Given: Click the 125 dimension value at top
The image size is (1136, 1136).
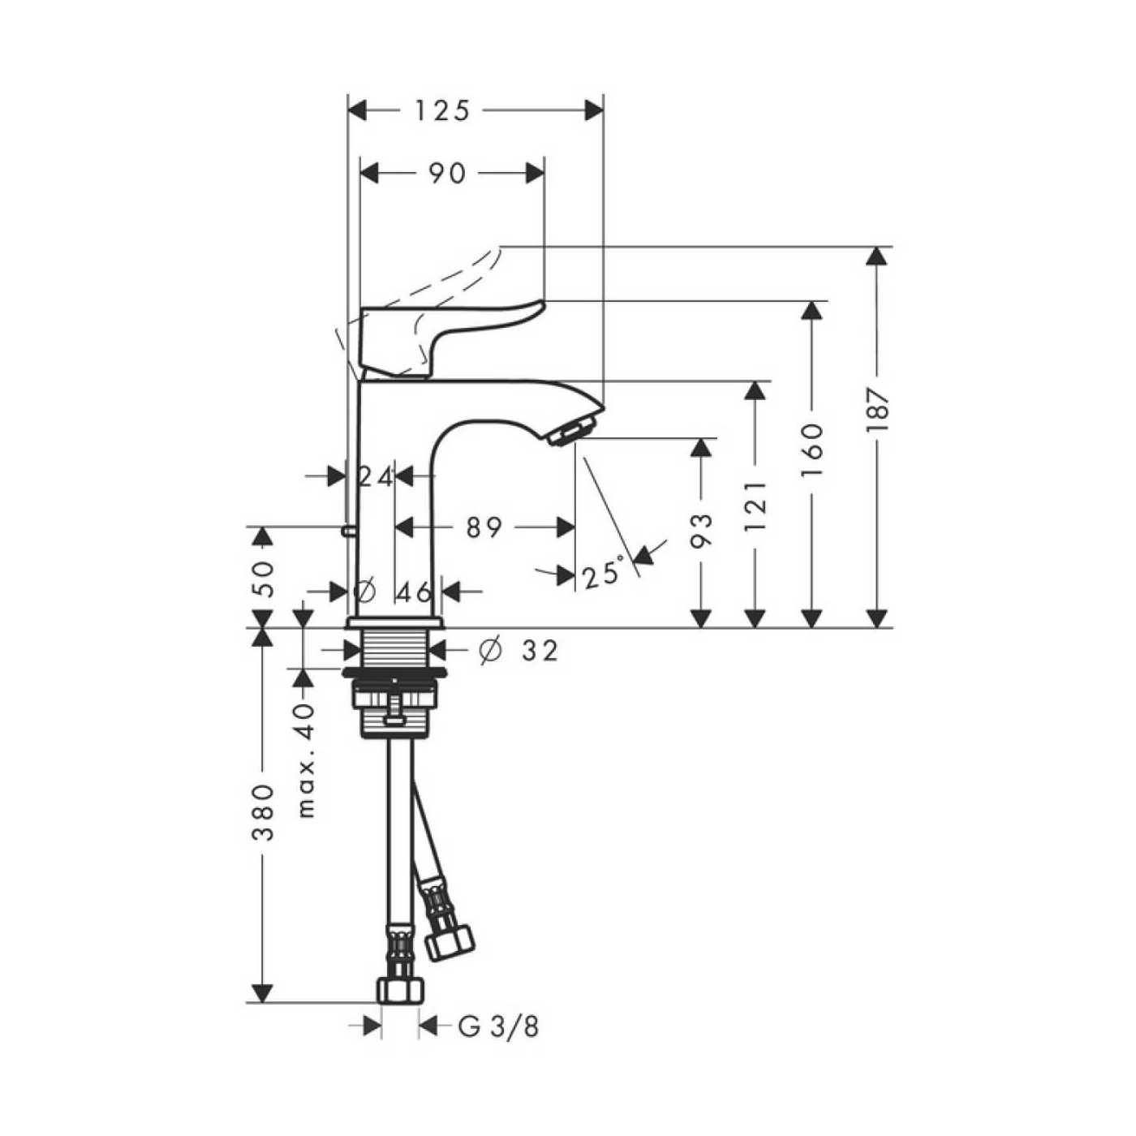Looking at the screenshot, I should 442,111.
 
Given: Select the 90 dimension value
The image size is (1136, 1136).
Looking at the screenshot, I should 447,173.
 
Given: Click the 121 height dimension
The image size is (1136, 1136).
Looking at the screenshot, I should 755,505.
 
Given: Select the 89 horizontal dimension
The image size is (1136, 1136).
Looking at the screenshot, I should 484,527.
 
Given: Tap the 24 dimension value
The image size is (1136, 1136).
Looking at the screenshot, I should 376,477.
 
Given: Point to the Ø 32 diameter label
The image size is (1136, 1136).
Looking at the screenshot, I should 519,650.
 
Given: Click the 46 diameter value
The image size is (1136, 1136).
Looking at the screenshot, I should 414,592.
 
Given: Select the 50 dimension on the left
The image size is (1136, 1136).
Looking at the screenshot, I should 264,578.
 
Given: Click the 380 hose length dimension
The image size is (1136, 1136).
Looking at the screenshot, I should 264,811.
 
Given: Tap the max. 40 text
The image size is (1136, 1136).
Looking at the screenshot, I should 305,759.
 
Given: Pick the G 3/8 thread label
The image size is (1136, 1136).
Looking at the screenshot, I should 498,1027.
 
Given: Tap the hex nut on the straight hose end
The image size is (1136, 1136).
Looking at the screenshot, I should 400,989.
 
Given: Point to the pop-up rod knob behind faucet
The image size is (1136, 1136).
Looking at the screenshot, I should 348,531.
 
